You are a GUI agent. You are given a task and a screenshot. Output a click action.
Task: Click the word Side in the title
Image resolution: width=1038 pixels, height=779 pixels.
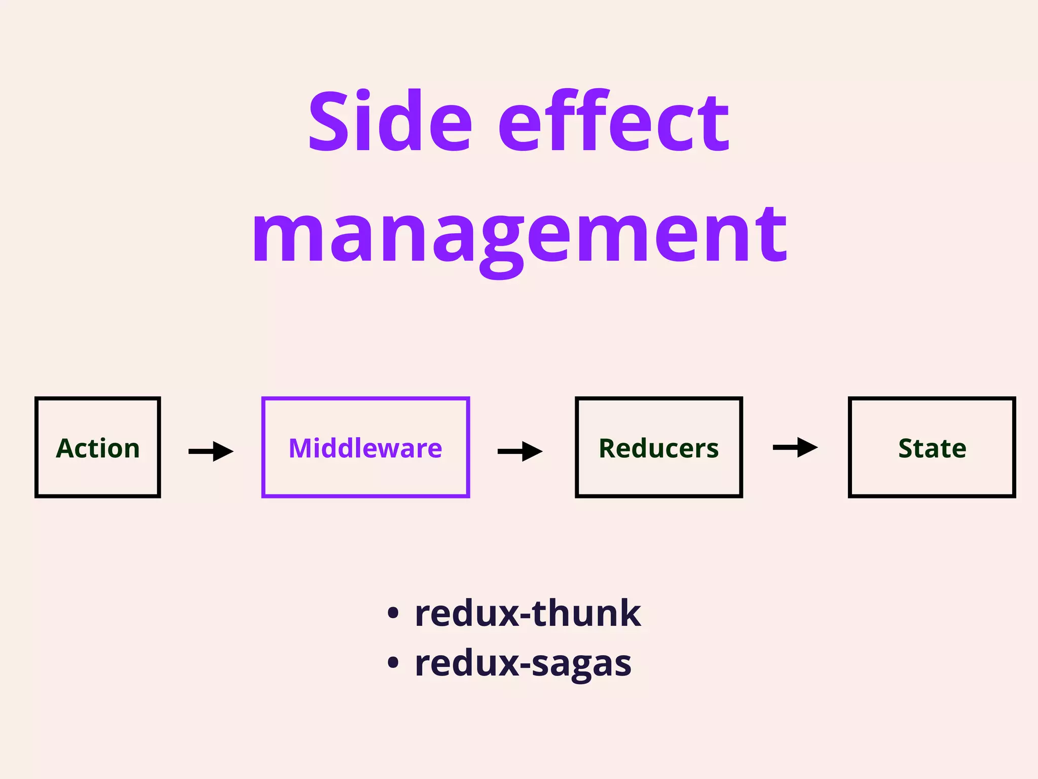[x=390, y=122]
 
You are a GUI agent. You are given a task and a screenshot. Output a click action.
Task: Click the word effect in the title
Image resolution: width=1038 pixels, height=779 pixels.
[x=614, y=122]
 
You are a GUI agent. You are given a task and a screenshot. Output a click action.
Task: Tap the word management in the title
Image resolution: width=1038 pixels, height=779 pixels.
[x=519, y=236]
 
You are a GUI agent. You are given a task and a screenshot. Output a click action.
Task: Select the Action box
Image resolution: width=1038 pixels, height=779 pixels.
[x=98, y=447]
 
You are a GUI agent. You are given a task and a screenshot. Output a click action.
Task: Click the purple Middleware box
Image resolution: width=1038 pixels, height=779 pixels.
[x=365, y=447]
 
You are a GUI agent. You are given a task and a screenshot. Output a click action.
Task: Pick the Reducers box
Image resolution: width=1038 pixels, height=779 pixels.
[x=659, y=447]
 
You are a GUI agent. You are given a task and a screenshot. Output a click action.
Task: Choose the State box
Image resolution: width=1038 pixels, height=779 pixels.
[x=932, y=447]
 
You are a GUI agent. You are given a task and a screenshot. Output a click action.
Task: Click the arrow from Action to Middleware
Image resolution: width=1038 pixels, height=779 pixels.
[x=211, y=451]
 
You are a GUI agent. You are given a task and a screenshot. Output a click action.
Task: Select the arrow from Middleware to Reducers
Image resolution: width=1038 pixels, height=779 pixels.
[x=520, y=451]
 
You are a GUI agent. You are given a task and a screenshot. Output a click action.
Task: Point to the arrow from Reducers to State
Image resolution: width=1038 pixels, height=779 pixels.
[x=795, y=447]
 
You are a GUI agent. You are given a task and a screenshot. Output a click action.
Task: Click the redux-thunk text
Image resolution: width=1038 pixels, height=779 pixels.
[x=528, y=614]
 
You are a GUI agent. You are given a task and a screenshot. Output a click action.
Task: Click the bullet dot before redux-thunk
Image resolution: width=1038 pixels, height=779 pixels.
[x=393, y=613]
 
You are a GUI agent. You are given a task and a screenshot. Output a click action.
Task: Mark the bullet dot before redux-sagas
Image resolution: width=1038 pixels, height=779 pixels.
[x=393, y=662]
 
